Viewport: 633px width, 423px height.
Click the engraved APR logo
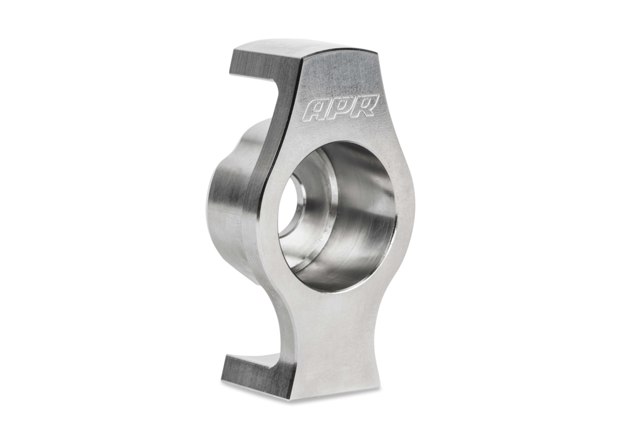coord(342,107)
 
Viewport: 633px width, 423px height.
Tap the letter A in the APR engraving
coord(317,110)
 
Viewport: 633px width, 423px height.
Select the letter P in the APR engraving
coord(342,107)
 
